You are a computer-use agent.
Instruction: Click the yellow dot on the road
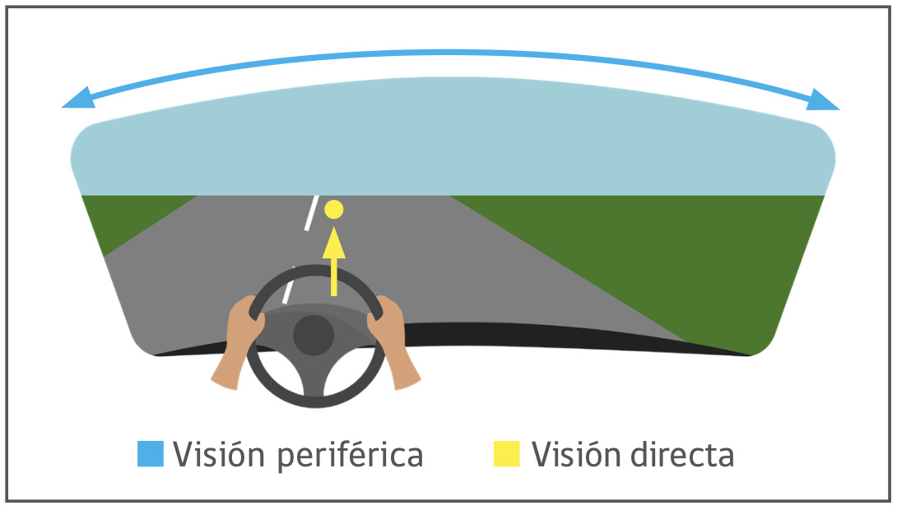point(333,209)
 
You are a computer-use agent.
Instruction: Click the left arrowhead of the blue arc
point(77,100)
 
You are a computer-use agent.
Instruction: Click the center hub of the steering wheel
point(314,335)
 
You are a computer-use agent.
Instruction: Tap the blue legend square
point(151,454)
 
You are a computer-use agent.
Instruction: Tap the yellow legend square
point(506,454)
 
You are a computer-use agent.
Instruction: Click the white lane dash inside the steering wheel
point(287,284)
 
